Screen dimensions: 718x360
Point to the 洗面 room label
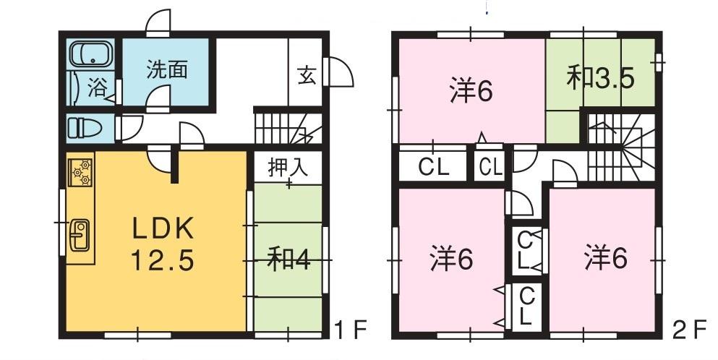pyautogui.click(x=167, y=69)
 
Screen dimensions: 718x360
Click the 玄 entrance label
pyautogui.click(x=307, y=75)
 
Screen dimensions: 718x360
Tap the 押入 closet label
pyautogui.click(x=289, y=168)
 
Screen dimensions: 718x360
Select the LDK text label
pyautogui.click(x=163, y=229)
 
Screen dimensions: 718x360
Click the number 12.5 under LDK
pyautogui.click(x=162, y=260)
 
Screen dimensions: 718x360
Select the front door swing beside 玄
pyautogui.click(x=338, y=72)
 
